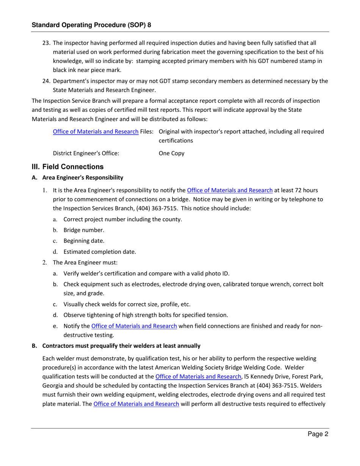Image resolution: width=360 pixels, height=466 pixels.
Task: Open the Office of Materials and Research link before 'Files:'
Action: (96, 131)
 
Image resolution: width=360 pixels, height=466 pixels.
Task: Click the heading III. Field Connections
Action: (67, 167)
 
